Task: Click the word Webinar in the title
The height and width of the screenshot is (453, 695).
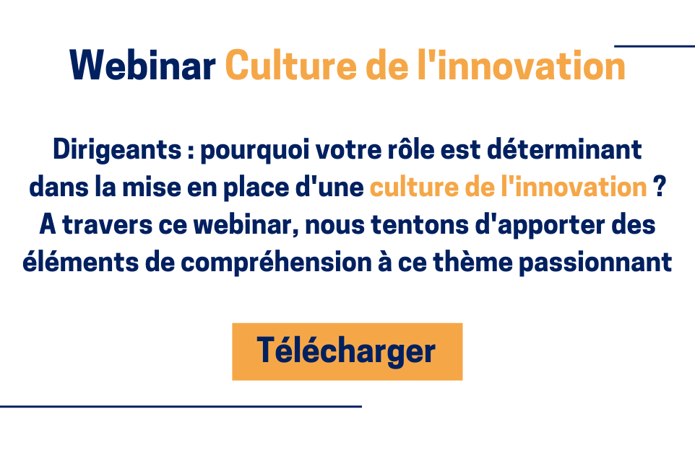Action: click(142, 65)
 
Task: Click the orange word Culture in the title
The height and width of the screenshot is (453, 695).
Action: click(290, 65)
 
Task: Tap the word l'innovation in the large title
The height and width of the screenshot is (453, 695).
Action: click(522, 65)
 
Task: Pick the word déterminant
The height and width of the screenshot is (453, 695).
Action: click(564, 149)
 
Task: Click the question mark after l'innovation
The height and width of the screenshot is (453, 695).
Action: click(660, 187)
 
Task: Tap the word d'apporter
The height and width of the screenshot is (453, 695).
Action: click(540, 226)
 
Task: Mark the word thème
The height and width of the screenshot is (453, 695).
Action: click(473, 262)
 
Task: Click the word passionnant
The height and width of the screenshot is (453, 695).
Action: click(596, 263)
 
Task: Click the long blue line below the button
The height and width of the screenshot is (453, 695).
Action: click(181, 406)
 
